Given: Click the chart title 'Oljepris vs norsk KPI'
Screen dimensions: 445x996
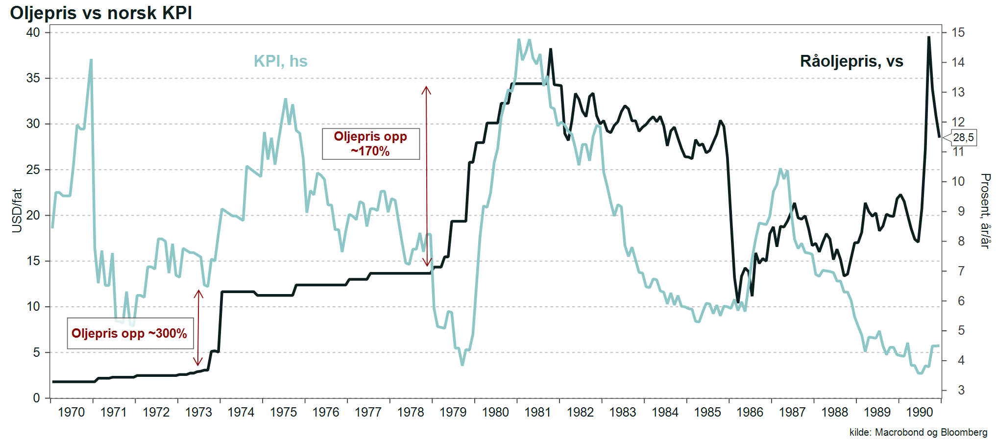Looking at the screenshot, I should pos(101,13).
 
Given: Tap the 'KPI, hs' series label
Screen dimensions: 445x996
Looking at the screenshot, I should pos(280,61).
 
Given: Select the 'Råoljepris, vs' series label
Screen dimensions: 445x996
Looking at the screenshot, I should pos(851,61).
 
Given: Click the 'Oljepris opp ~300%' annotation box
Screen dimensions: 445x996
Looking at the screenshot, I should pos(130,333).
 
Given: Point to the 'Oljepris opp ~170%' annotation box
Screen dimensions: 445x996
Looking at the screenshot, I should pos(370,144).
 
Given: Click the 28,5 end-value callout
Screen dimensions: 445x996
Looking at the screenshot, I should pos(963,137).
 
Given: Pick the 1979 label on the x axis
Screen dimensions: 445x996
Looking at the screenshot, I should pos(453,412).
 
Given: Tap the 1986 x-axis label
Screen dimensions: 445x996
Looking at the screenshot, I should pos(750,412).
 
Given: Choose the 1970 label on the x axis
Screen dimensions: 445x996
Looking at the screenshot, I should pos(71,412).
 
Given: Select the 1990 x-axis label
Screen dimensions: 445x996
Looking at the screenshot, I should pos(919,412).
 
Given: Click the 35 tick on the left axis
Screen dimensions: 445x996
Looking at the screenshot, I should pos(33,78).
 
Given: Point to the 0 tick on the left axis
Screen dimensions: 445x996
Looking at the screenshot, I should pos(37,398).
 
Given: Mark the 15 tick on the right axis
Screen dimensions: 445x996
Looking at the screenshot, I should pos(958,33).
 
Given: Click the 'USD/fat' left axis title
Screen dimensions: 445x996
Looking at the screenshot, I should pos(17,211).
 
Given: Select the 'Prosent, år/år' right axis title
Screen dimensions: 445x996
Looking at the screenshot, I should pos(985,211).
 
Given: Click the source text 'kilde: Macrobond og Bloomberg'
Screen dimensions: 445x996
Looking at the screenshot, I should pos(918,432).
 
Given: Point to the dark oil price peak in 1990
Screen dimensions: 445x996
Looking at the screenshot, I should pos(928,37).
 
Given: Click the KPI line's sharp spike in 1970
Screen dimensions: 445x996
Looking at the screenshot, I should pos(91,60).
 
